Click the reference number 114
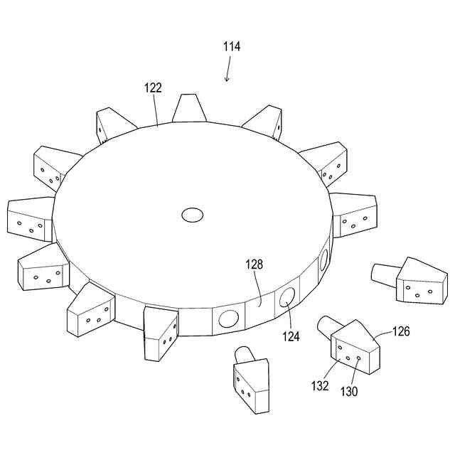tap(231, 47)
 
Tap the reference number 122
tap(153, 88)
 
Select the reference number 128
tap(255, 264)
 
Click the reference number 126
tap(401, 331)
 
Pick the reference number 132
tap(320, 386)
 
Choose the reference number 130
tap(348, 391)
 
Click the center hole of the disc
tap(193, 214)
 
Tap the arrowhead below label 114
tap(227, 79)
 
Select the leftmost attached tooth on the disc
tap(30, 218)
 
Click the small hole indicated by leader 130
tap(358, 358)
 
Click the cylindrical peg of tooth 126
tap(328, 325)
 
